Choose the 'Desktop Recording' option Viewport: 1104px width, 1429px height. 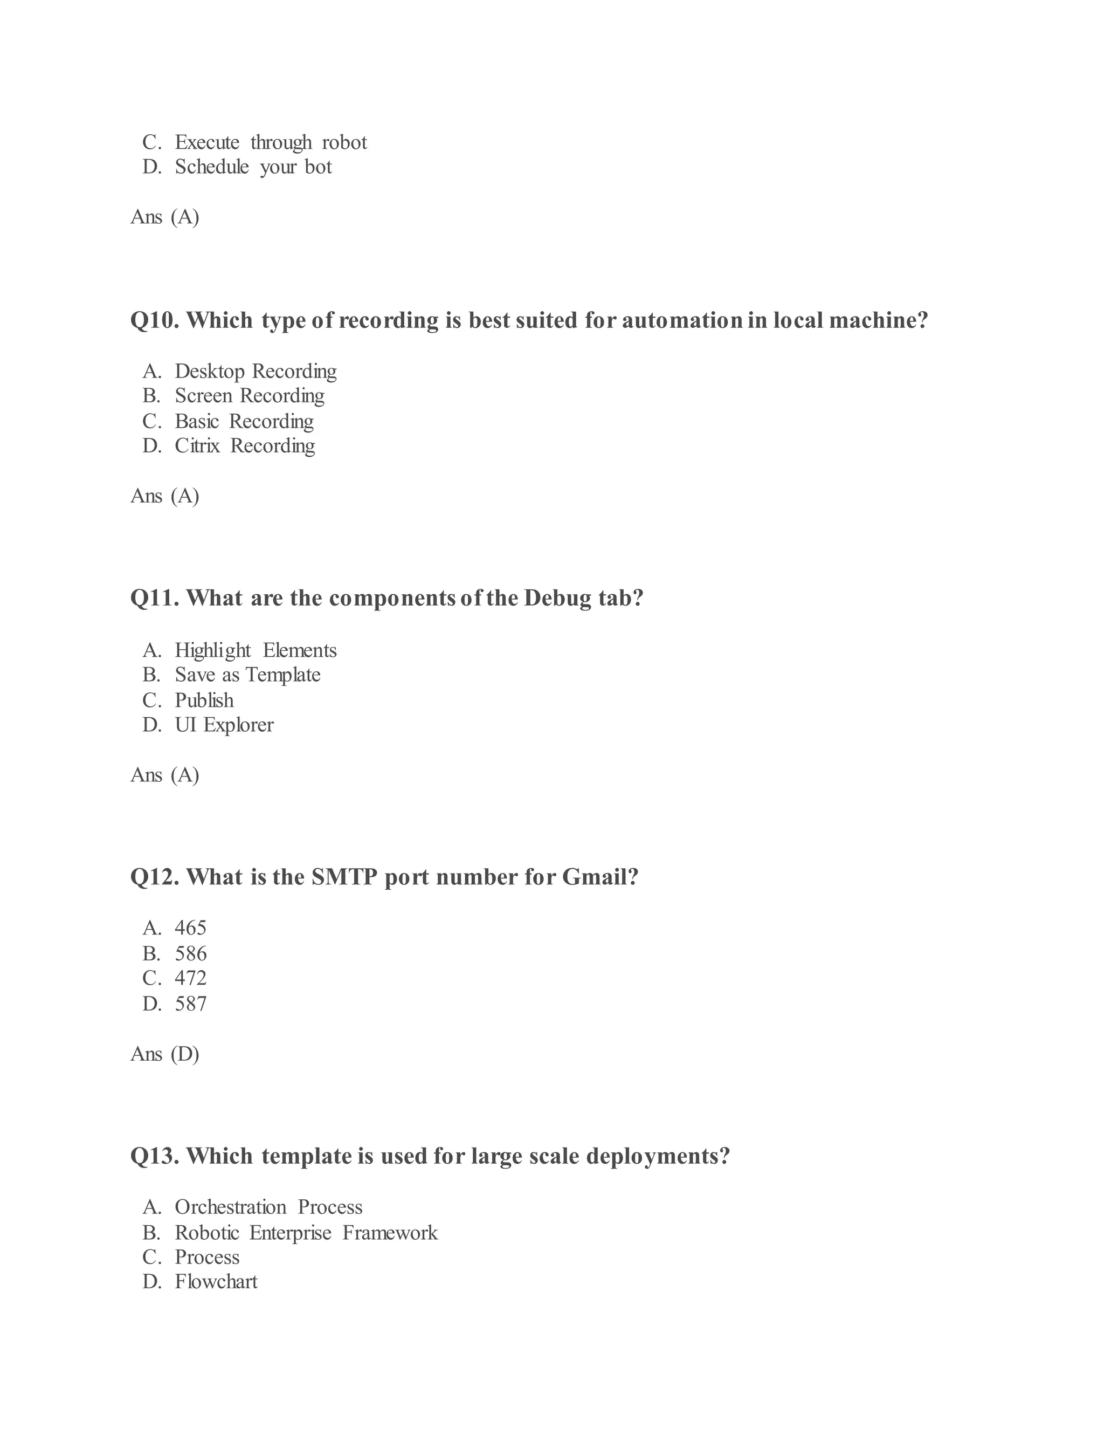255,371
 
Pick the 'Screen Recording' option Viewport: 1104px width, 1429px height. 249,396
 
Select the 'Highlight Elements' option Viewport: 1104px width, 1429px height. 255,650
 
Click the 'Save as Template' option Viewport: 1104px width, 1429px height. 247,675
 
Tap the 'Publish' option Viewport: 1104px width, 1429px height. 204,700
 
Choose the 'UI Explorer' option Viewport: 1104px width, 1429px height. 224,725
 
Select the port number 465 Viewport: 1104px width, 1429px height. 190,928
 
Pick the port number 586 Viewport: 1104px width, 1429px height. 190,953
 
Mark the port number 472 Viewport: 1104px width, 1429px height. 190,978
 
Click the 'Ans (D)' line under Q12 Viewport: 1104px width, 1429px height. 165,1054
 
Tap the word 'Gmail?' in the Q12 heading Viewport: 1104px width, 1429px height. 600,877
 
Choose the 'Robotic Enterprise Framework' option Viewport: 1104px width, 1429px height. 306,1233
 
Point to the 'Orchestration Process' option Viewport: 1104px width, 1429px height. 268,1207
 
